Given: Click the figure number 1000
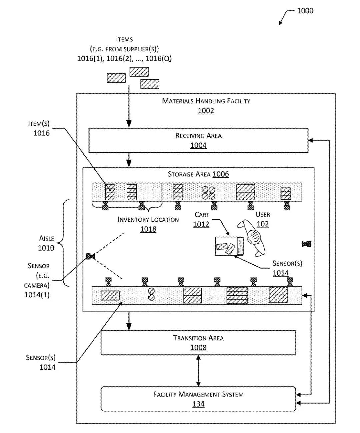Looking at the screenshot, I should [x=305, y=11].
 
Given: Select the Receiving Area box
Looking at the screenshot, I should [x=198, y=140].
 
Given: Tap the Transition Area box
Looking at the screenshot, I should [x=198, y=343].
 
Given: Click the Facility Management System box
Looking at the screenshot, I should [x=198, y=399].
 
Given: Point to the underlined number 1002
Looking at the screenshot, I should [x=206, y=111].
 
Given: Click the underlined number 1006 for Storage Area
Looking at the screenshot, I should [x=221, y=174].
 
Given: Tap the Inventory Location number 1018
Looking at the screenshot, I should [x=148, y=229].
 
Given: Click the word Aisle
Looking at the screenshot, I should [x=46, y=238].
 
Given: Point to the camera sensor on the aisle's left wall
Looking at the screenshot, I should [x=90, y=256].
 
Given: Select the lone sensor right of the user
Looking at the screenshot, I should [x=306, y=244].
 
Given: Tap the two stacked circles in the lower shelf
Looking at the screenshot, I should [x=151, y=294].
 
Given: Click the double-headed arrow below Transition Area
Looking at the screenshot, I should [x=198, y=371].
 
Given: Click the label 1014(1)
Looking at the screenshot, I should [x=37, y=295].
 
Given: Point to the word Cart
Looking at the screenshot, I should [x=202, y=215].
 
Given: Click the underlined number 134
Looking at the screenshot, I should [x=198, y=404].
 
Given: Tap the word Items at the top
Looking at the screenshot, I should [x=124, y=39].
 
